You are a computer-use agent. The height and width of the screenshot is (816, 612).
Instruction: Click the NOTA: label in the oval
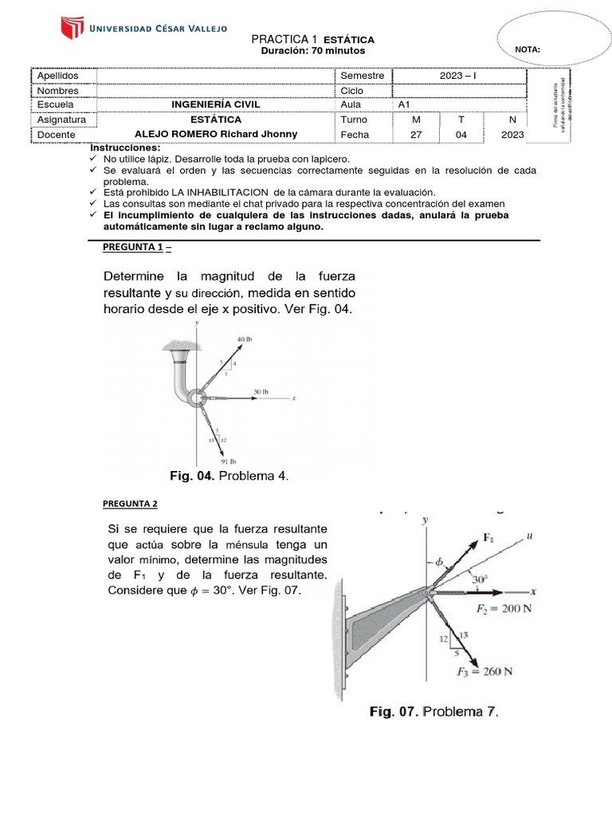tap(528, 49)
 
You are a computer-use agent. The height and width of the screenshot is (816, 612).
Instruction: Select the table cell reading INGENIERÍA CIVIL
tap(215, 104)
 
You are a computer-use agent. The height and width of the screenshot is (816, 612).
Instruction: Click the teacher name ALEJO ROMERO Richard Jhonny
tap(215, 135)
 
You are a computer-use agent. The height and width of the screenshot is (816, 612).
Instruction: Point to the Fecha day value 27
tap(415, 135)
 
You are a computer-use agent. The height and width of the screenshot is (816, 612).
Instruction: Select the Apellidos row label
tap(58, 76)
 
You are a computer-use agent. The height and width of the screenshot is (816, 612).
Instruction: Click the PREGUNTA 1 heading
tap(137, 248)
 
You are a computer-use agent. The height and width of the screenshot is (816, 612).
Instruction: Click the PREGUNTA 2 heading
tap(131, 504)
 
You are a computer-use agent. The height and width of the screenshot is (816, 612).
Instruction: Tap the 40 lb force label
tap(245, 339)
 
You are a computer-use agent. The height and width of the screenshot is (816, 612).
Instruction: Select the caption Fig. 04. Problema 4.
tap(229, 477)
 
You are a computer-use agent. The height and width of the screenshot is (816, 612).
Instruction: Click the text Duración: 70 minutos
tap(313, 51)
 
